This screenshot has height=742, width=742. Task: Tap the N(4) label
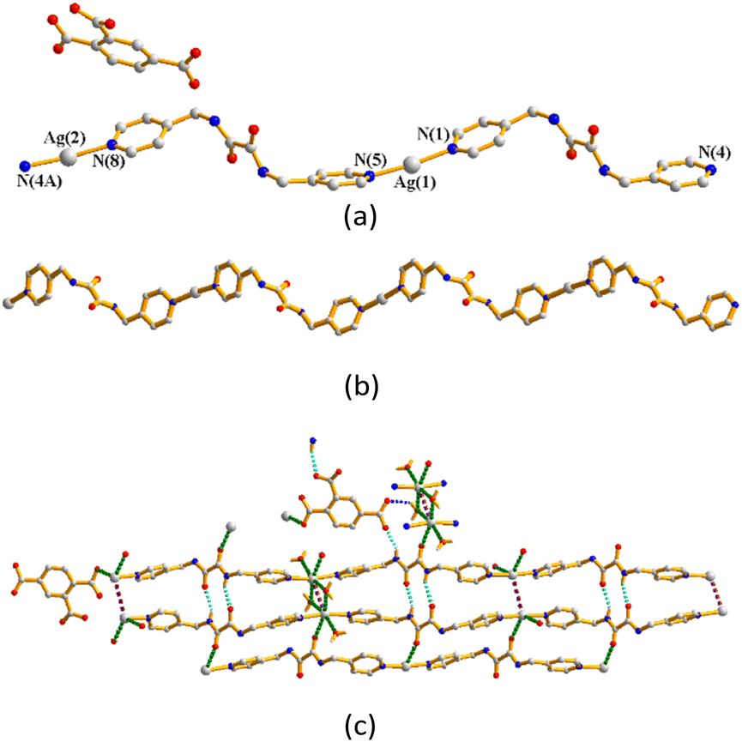(x=714, y=152)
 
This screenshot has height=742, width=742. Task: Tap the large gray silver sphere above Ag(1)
(x=413, y=162)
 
